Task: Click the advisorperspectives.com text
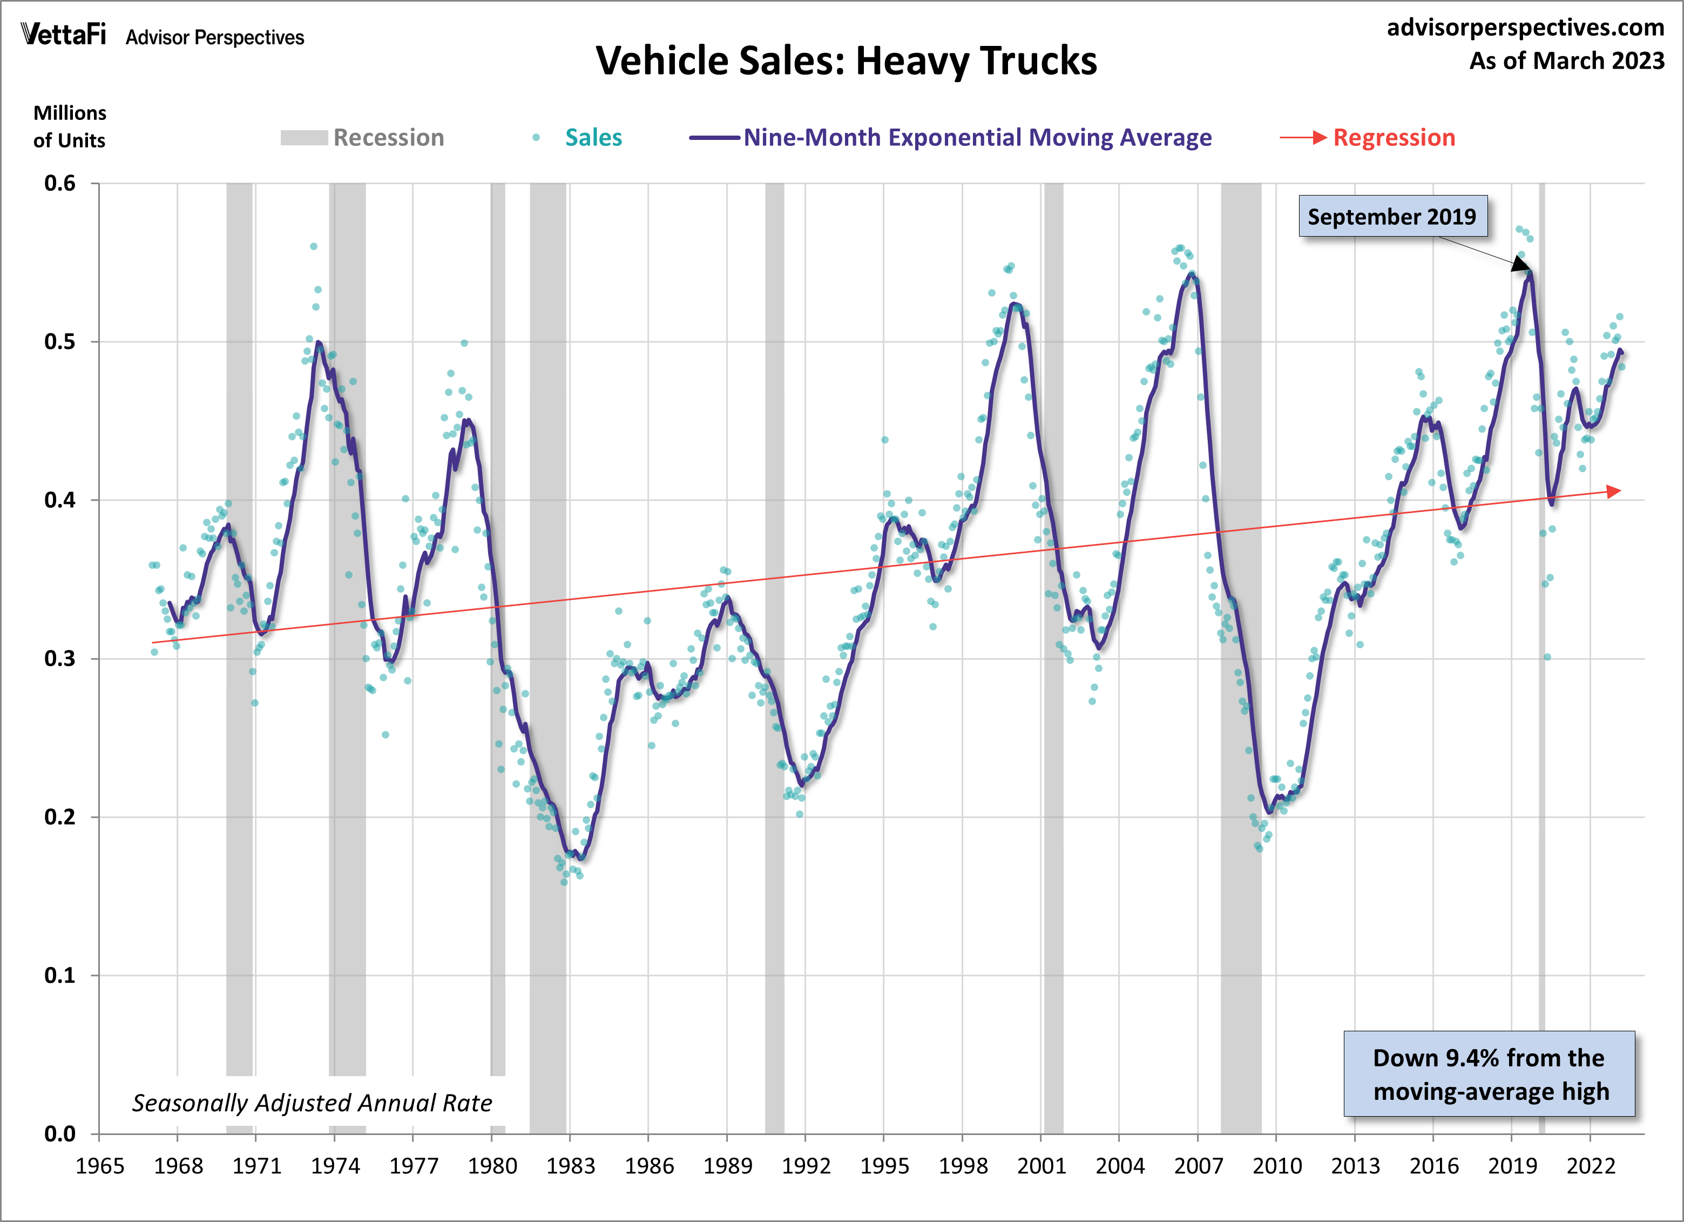tap(1525, 28)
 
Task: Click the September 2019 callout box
tap(1392, 216)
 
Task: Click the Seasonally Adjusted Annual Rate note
tap(312, 1103)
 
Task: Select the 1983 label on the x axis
tap(570, 1166)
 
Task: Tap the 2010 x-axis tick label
tap(1276, 1166)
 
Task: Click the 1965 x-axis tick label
tap(99, 1166)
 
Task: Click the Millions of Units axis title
tap(69, 126)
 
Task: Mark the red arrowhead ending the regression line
tap(1613, 491)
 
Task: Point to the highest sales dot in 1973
tap(313, 246)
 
